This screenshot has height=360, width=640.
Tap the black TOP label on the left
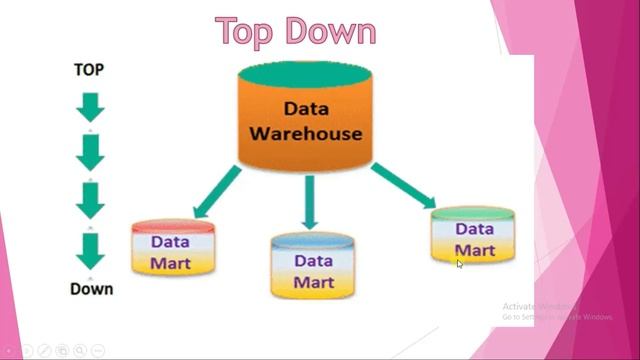(89, 70)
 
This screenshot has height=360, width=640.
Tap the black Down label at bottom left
(91, 289)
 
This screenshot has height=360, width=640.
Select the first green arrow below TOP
(90, 107)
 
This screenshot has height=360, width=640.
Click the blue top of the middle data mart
(313, 242)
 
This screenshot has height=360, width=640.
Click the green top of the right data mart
(474, 213)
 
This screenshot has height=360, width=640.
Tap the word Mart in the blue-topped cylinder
(313, 281)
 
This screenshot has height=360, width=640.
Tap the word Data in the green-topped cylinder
(474, 229)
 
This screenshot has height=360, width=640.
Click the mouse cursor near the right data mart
(460, 264)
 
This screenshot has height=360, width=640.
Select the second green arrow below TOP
(90, 153)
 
